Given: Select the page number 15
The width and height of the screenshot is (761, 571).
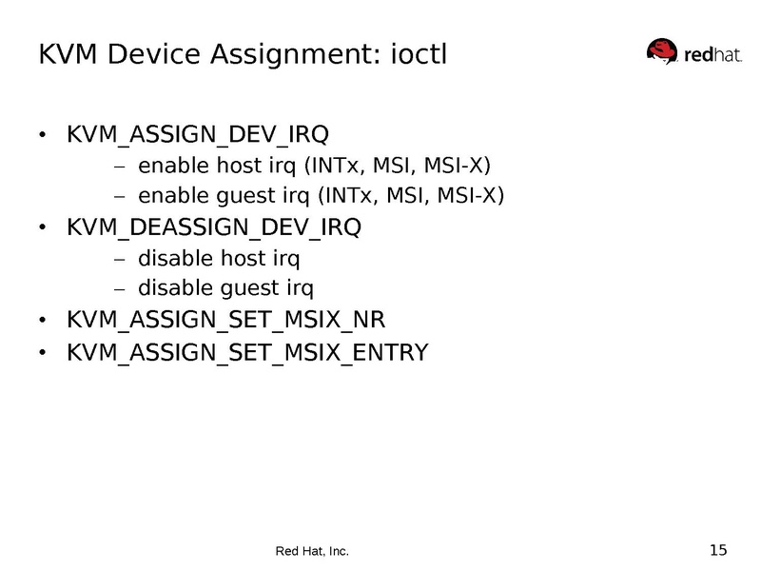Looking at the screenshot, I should (x=718, y=549).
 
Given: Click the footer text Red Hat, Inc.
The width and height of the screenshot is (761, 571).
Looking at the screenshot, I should (x=312, y=551).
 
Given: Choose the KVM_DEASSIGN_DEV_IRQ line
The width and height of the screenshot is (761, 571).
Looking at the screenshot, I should (x=214, y=227).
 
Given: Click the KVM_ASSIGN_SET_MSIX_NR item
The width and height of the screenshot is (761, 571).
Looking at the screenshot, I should (x=225, y=320).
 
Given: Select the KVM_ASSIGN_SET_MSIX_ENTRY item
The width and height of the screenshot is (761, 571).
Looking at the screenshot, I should (x=247, y=353).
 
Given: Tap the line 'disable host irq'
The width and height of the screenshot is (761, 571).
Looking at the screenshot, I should (x=225, y=258).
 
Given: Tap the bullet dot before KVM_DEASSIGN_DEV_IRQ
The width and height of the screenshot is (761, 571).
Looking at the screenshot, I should (x=42, y=228).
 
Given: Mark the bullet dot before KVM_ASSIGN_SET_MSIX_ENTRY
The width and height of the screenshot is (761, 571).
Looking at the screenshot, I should (x=42, y=354).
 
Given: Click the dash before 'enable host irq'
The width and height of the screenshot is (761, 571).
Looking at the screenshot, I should (x=119, y=167).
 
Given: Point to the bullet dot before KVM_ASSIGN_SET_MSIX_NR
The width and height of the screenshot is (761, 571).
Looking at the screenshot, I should (x=42, y=321).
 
